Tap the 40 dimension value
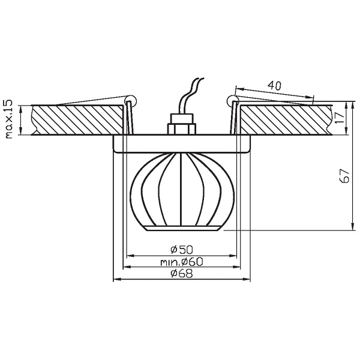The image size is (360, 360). (x=275, y=85)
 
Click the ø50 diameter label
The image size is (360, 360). (x=181, y=249)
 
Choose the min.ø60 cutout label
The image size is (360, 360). (x=181, y=262)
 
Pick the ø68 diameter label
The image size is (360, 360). (x=181, y=274)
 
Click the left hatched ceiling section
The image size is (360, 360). (x=78, y=120)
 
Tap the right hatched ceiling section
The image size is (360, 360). (x=282, y=120)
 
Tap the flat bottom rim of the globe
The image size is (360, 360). (x=181, y=229)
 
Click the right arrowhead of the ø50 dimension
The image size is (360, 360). (x=228, y=255)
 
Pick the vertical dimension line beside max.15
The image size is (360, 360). (x=22, y=120)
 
